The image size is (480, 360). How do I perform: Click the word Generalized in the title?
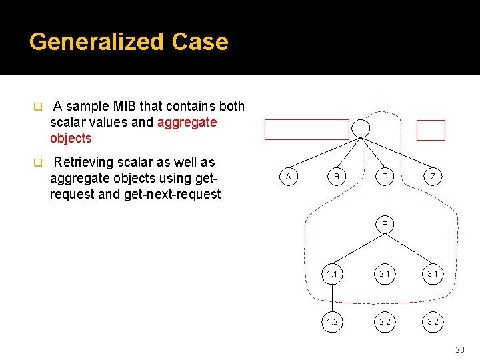point(97,42)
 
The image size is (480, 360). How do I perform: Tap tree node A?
point(288,176)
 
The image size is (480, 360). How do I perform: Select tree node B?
point(336,176)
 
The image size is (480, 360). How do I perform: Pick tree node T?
point(385,176)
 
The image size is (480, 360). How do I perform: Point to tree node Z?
point(433,176)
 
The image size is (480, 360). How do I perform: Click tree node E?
point(385,225)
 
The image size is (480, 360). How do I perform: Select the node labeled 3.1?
point(433,273)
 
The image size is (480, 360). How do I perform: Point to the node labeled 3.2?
point(433,321)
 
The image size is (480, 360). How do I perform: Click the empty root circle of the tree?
point(361,128)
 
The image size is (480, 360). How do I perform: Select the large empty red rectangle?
point(307,129)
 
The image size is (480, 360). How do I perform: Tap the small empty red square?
point(431,130)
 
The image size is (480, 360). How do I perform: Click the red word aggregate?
point(187,122)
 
